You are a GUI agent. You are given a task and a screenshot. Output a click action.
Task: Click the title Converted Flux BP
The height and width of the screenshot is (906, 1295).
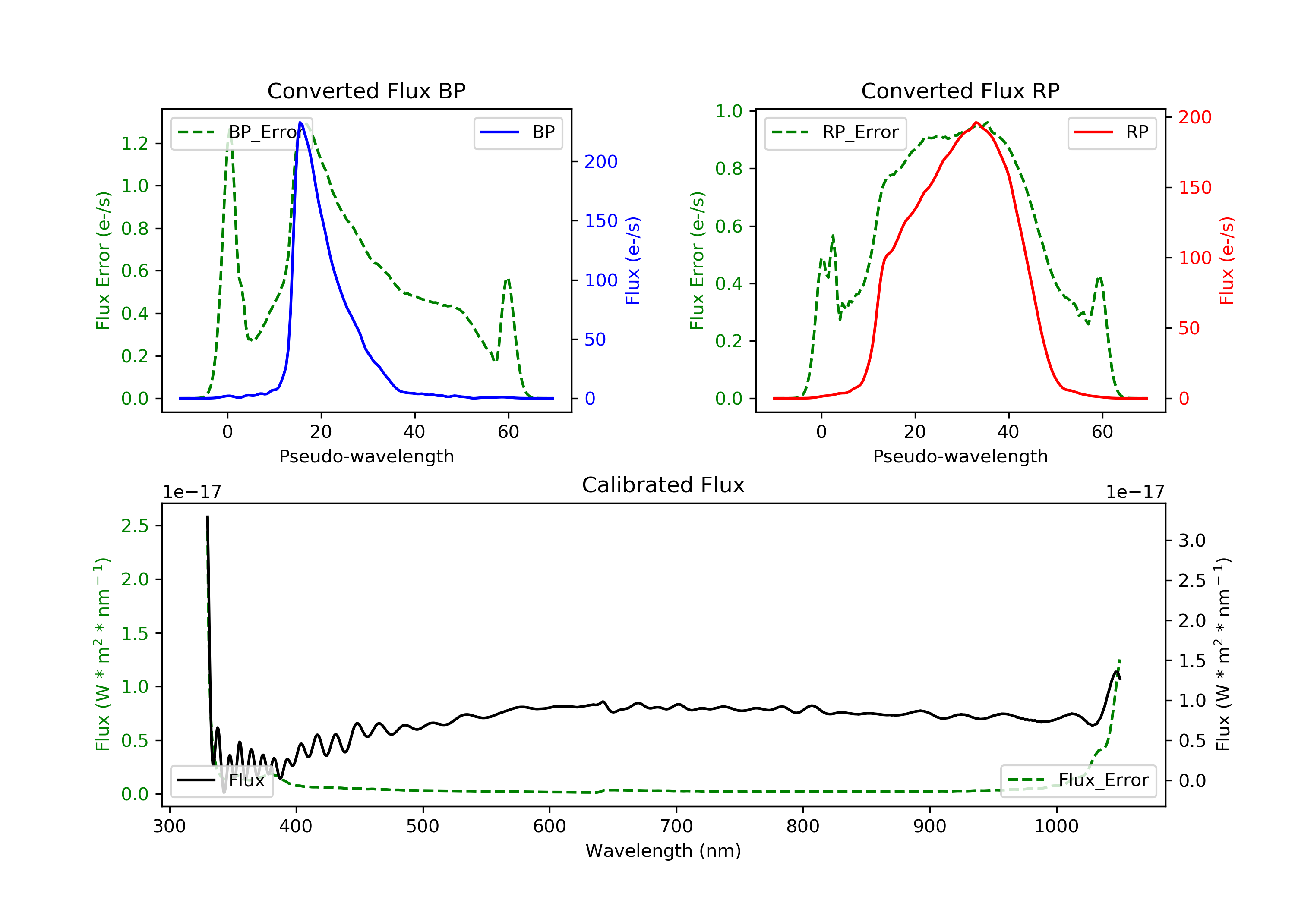pyautogui.click(x=366, y=91)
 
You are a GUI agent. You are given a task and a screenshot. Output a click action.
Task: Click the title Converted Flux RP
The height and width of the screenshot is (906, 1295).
pyautogui.click(x=960, y=91)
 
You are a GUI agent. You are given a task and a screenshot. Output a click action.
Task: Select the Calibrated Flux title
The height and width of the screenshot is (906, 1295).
pyautogui.click(x=663, y=485)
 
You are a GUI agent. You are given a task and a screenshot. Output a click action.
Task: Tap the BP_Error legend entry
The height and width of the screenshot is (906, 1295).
pyautogui.click(x=241, y=132)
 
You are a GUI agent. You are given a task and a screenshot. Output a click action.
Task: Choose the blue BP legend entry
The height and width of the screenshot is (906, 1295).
pyautogui.click(x=518, y=132)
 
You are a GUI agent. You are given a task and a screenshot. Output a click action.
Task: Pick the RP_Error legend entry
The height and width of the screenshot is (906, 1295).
pyautogui.click(x=835, y=132)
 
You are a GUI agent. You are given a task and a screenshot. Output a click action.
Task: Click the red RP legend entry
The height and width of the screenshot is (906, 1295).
pyautogui.click(x=1112, y=132)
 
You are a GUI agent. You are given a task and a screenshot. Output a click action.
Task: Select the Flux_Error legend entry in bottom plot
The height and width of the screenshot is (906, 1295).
pyautogui.click(x=1078, y=780)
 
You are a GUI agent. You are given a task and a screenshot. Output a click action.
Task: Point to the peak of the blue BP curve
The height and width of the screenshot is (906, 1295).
pyautogui.click(x=300, y=123)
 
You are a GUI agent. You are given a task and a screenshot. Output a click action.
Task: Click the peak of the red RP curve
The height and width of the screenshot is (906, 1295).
pyautogui.click(x=976, y=123)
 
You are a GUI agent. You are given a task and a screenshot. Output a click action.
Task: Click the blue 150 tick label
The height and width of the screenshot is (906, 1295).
pyautogui.click(x=601, y=221)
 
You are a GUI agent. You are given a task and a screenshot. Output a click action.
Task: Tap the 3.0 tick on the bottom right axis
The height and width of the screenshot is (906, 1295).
pyautogui.click(x=1192, y=541)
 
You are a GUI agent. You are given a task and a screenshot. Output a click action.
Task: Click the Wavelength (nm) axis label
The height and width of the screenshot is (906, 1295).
pyautogui.click(x=663, y=851)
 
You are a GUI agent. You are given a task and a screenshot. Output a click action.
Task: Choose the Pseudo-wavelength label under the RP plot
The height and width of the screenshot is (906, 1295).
pyautogui.click(x=960, y=456)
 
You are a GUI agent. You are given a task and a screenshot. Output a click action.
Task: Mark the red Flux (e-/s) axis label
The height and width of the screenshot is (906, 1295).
pyautogui.click(x=1227, y=261)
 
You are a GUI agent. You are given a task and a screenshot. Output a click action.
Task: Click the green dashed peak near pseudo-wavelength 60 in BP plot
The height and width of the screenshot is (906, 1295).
pyautogui.click(x=508, y=279)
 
